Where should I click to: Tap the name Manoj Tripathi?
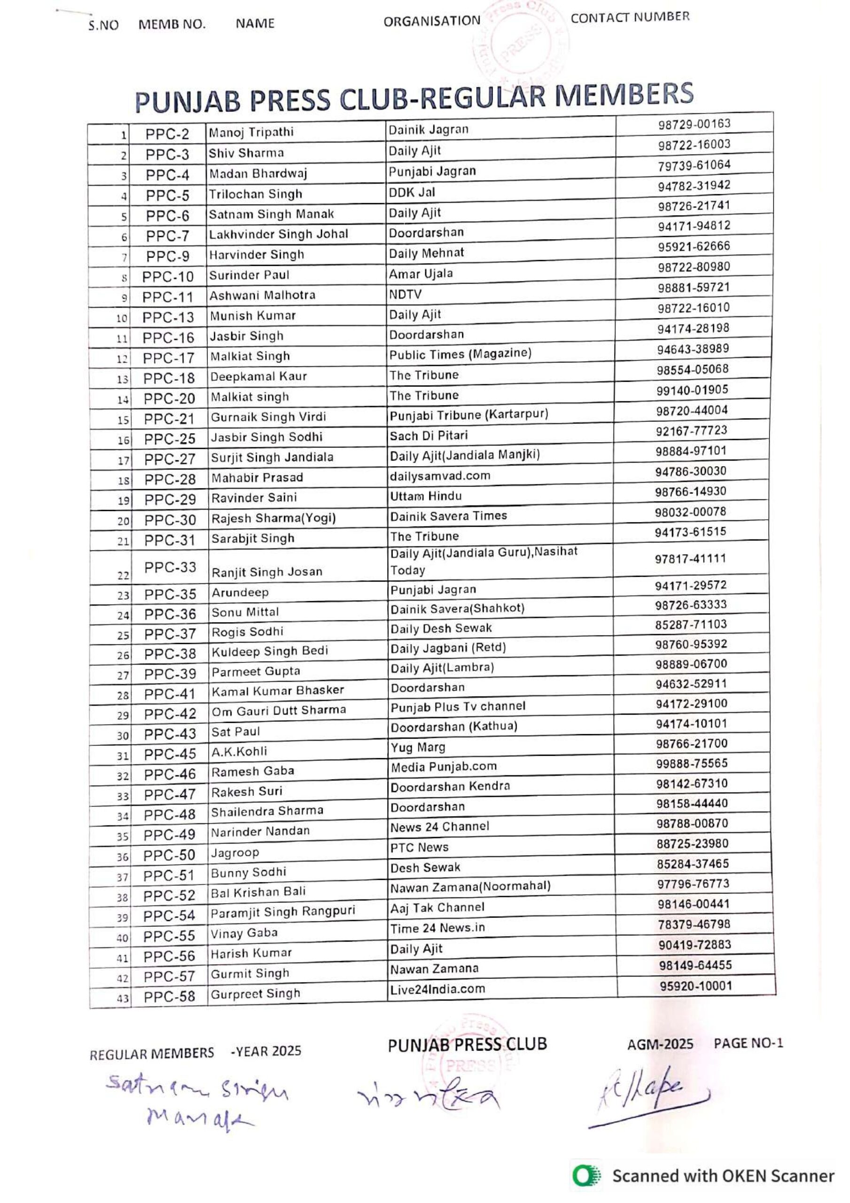(251, 132)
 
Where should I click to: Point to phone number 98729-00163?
(694, 124)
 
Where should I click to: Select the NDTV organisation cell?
(405, 295)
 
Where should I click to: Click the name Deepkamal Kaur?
(258, 376)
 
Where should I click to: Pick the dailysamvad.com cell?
(440, 476)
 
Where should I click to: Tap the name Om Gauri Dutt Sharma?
(278, 710)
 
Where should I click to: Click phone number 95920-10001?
(695, 985)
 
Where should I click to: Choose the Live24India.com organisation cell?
(437, 989)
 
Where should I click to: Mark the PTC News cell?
(419, 847)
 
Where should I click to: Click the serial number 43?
(123, 998)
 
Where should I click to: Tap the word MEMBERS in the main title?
(624, 95)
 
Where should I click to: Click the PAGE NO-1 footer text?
(748, 1043)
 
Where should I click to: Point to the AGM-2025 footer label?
(660, 1044)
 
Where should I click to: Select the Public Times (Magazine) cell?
(460, 354)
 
